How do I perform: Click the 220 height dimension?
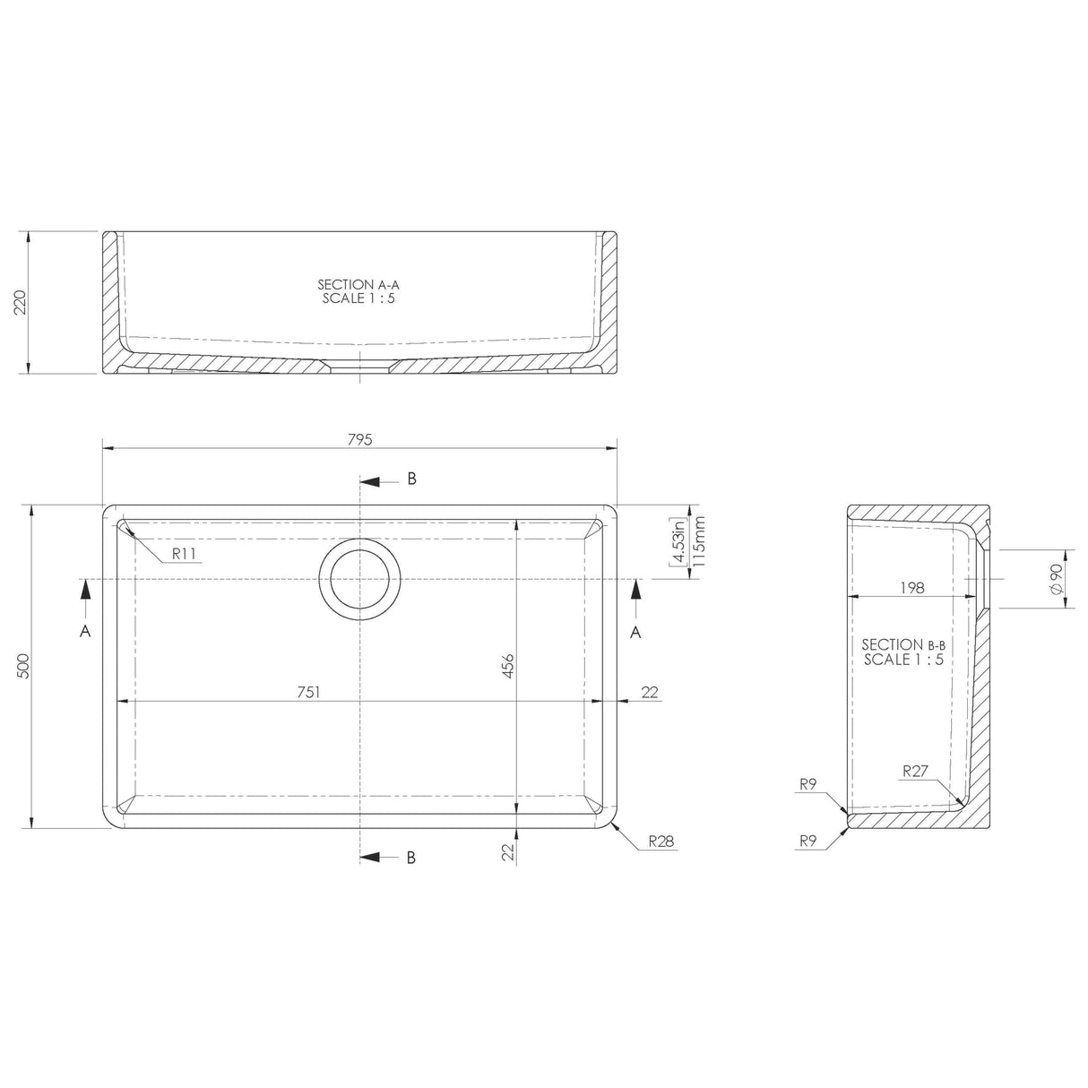click(21, 303)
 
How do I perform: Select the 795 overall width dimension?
click(358, 439)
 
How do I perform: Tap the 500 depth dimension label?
click(23, 666)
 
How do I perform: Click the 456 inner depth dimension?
click(507, 667)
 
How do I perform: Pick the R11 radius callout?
click(185, 554)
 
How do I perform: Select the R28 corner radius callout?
click(662, 842)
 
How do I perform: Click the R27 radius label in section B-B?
click(915, 770)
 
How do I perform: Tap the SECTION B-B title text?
click(903, 652)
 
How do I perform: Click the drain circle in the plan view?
click(359, 579)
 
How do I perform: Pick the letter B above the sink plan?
click(411, 479)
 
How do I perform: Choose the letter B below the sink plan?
click(411, 858)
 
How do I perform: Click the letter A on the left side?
click(85, 632)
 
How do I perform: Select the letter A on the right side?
click(635, 632)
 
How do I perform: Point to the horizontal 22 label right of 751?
click(650, 691)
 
